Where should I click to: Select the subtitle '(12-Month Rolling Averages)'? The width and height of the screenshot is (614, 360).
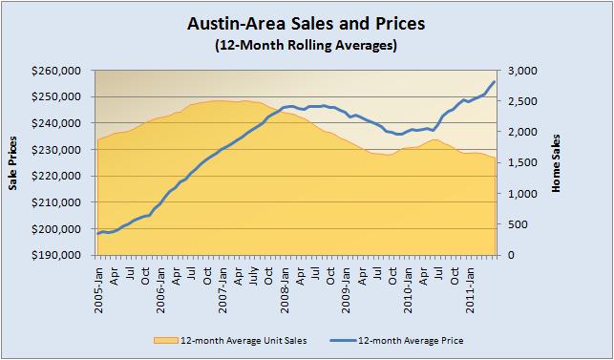click(307, 45)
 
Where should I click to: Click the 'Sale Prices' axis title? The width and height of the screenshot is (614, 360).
click(13, 163)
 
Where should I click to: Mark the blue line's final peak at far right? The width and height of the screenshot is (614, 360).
click(495, 81)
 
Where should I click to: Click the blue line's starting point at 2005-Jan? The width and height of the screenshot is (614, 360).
click(97, 233)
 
